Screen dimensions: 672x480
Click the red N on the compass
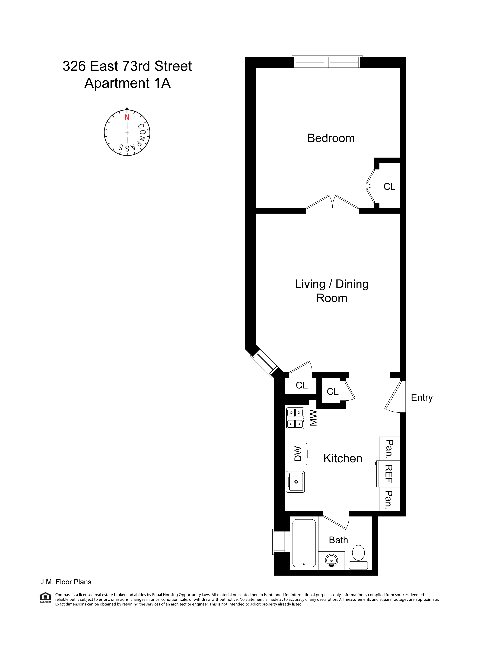tap(127, 117)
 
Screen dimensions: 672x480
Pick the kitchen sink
tap(295, 482)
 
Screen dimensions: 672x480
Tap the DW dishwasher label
tap(298, 454)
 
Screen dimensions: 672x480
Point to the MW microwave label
tap(313, 418)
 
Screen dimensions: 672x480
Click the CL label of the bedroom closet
tap(389, 187)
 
